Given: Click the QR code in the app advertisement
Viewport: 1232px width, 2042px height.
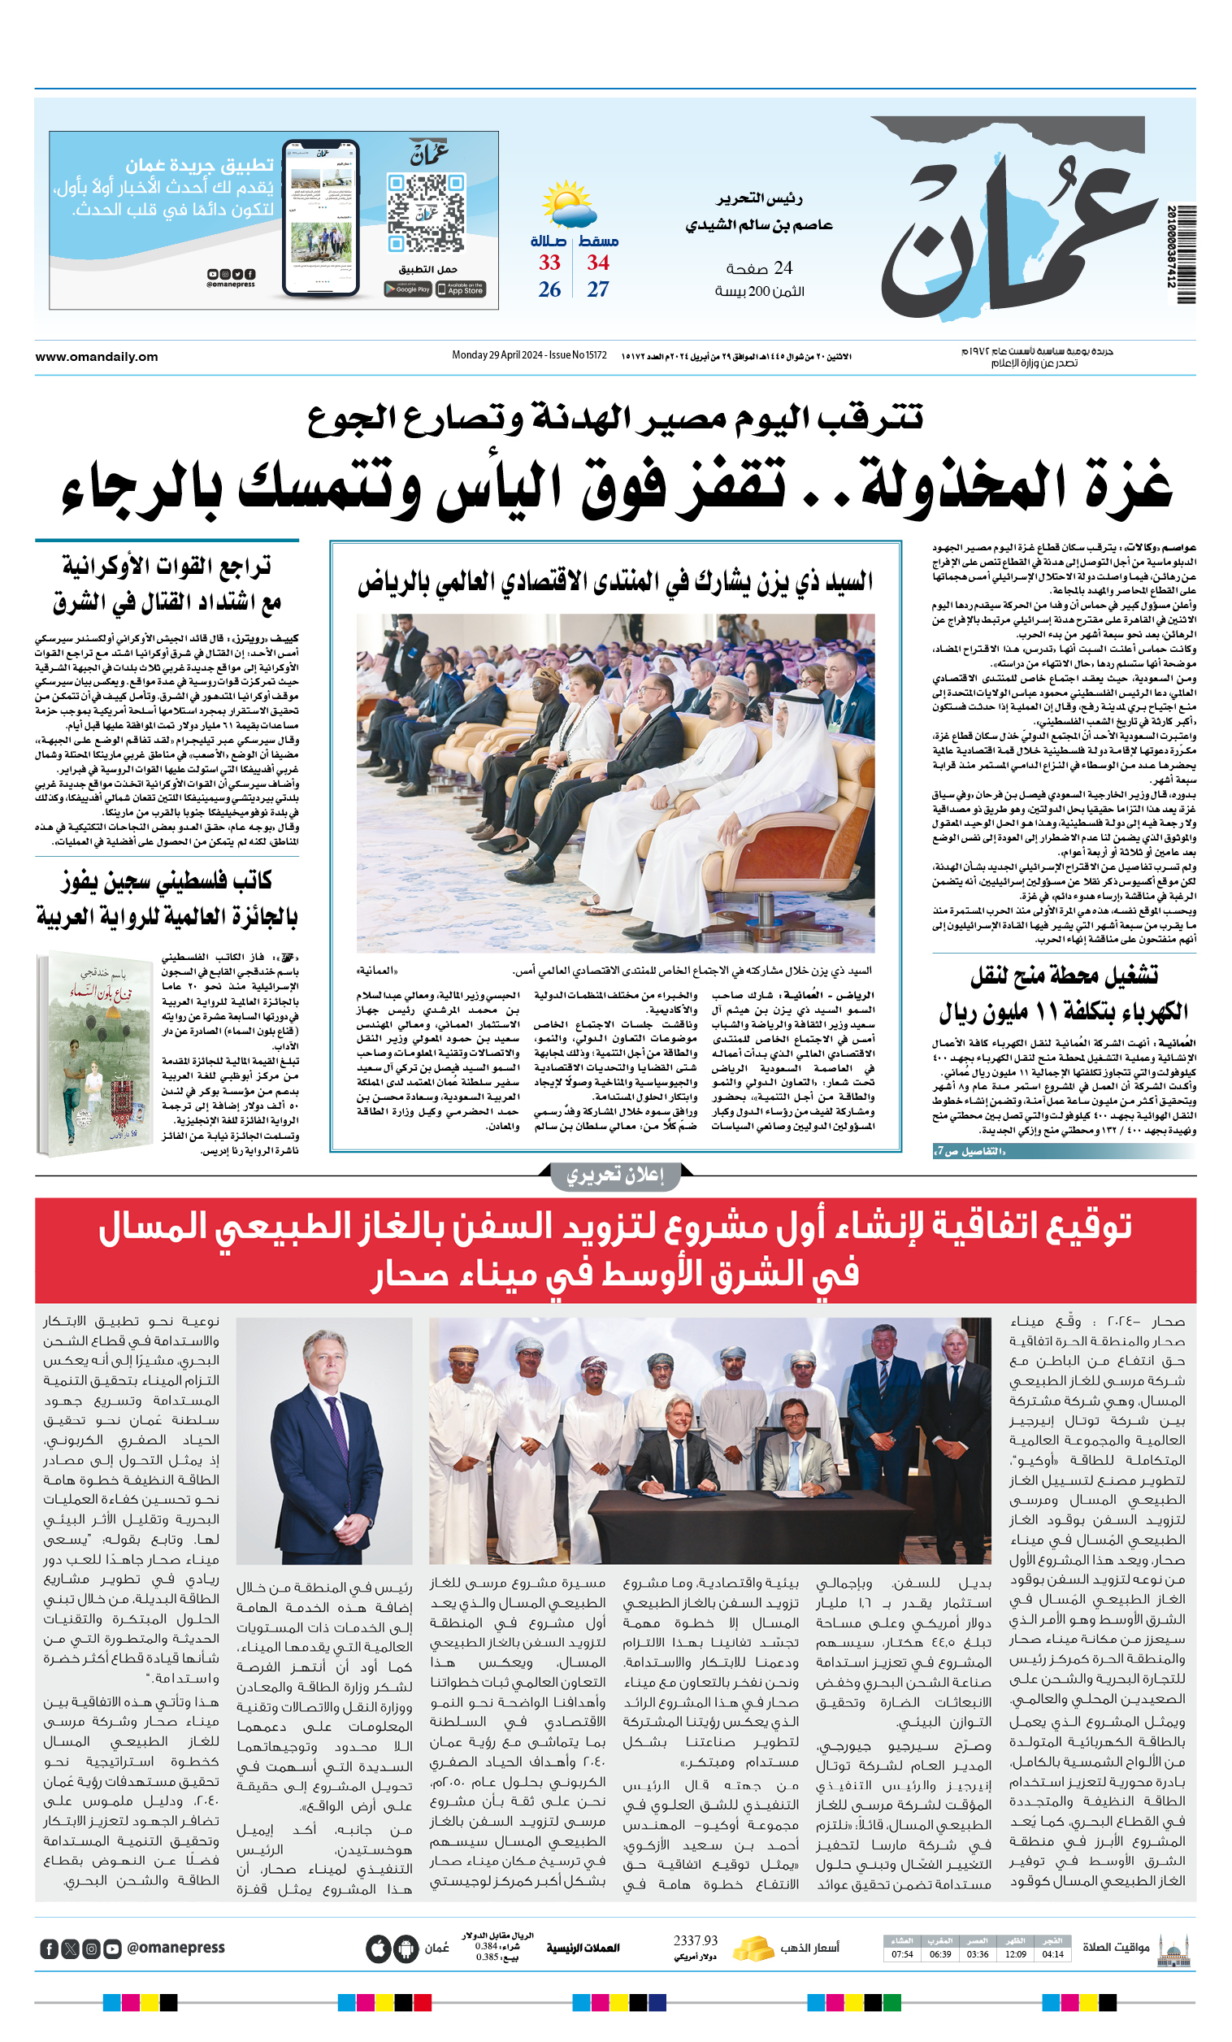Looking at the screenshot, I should (425, 213).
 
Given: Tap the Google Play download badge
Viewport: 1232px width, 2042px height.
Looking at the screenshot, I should (408, 289).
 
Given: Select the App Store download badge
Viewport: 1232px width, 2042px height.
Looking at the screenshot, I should (461, 289).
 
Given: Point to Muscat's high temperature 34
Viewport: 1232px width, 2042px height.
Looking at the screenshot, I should (598, 263).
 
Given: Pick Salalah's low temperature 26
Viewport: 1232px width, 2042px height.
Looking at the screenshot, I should (549, 290).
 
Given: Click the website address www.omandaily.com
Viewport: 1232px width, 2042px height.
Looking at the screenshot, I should (96, 357).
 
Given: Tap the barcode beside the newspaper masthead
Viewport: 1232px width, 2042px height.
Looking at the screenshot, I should (1182, 254).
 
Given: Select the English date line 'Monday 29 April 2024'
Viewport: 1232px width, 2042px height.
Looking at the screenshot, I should (497, 355).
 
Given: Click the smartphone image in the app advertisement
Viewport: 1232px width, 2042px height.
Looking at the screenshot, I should (321, 217).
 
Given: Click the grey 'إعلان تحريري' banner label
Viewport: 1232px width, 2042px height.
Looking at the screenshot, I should (614, 1176).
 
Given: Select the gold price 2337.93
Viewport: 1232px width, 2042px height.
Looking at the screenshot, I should (695, 1941).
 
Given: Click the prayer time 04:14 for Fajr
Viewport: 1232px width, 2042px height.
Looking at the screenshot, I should (1052, 1954).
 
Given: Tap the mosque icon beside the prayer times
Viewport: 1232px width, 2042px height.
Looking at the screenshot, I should (1173, 1949).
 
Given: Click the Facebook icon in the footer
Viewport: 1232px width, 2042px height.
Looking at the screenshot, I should (49, 1949).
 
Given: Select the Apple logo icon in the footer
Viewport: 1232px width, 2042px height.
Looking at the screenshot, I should (378, 1949).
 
